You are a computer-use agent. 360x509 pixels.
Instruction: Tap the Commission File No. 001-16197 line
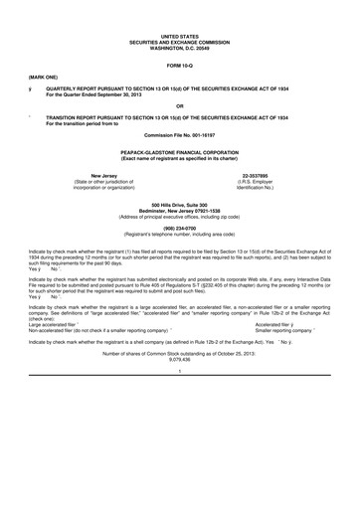(x=179, y=133)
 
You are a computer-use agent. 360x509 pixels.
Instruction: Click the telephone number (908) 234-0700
(x=179, y=224)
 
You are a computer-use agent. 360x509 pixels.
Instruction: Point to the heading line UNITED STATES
(x=179, y=34)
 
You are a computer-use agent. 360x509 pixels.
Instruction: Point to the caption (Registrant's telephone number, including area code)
(x=179, y=230)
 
